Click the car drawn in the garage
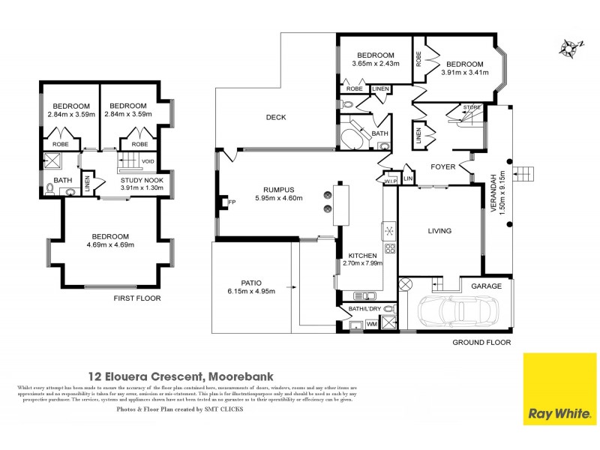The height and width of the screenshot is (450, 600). tap(457, 308)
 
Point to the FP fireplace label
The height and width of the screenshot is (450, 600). tap(232, 202)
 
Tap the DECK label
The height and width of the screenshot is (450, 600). tap(277, 117)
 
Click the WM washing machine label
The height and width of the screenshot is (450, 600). tap(370, 323)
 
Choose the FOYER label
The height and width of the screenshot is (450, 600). tap(442, 166)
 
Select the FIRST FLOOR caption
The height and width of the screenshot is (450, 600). tap(137, 298)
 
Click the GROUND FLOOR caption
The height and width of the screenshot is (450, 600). tap(481, 342)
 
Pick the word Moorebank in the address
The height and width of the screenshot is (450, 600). tap(240, 376)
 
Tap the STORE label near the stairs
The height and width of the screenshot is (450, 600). tap(472, 107)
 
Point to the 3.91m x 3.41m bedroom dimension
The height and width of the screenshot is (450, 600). tap(465, 73)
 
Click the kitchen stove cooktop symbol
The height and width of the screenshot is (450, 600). tap(390, 248)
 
